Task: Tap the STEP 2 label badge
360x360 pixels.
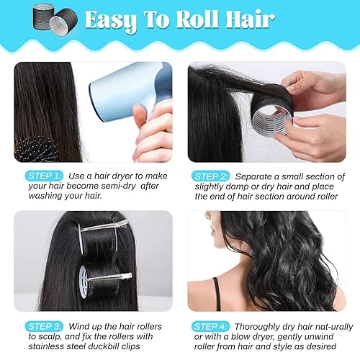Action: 211,176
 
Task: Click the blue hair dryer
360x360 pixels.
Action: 122,90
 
